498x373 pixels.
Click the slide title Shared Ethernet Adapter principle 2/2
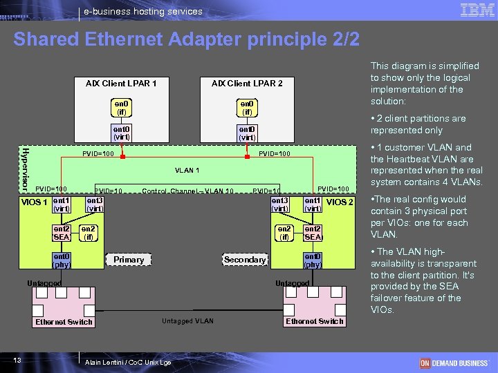[187, 39]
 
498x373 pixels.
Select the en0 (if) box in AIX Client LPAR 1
[122, 107]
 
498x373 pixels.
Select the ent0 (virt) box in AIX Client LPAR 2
[247, 133]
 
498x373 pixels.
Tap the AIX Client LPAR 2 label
[247, 84]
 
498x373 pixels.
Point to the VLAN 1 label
[187, 171]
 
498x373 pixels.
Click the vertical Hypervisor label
[24, 169]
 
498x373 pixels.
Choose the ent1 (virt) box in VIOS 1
[62, 204]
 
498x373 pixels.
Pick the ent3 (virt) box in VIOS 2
[280, 204]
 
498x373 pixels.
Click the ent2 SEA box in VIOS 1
[62, 233]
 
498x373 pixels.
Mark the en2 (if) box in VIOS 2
[284, 233]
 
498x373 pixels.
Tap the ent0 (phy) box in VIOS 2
[313, 260]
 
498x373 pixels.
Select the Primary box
[129, 260]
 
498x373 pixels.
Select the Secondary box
[245, 260]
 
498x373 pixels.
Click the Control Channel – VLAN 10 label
[187, 191]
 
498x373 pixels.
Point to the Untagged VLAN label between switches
[187, 321]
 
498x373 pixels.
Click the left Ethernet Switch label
[64, 322]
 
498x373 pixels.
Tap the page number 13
[25, 361]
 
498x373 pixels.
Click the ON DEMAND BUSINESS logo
[454, 363]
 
